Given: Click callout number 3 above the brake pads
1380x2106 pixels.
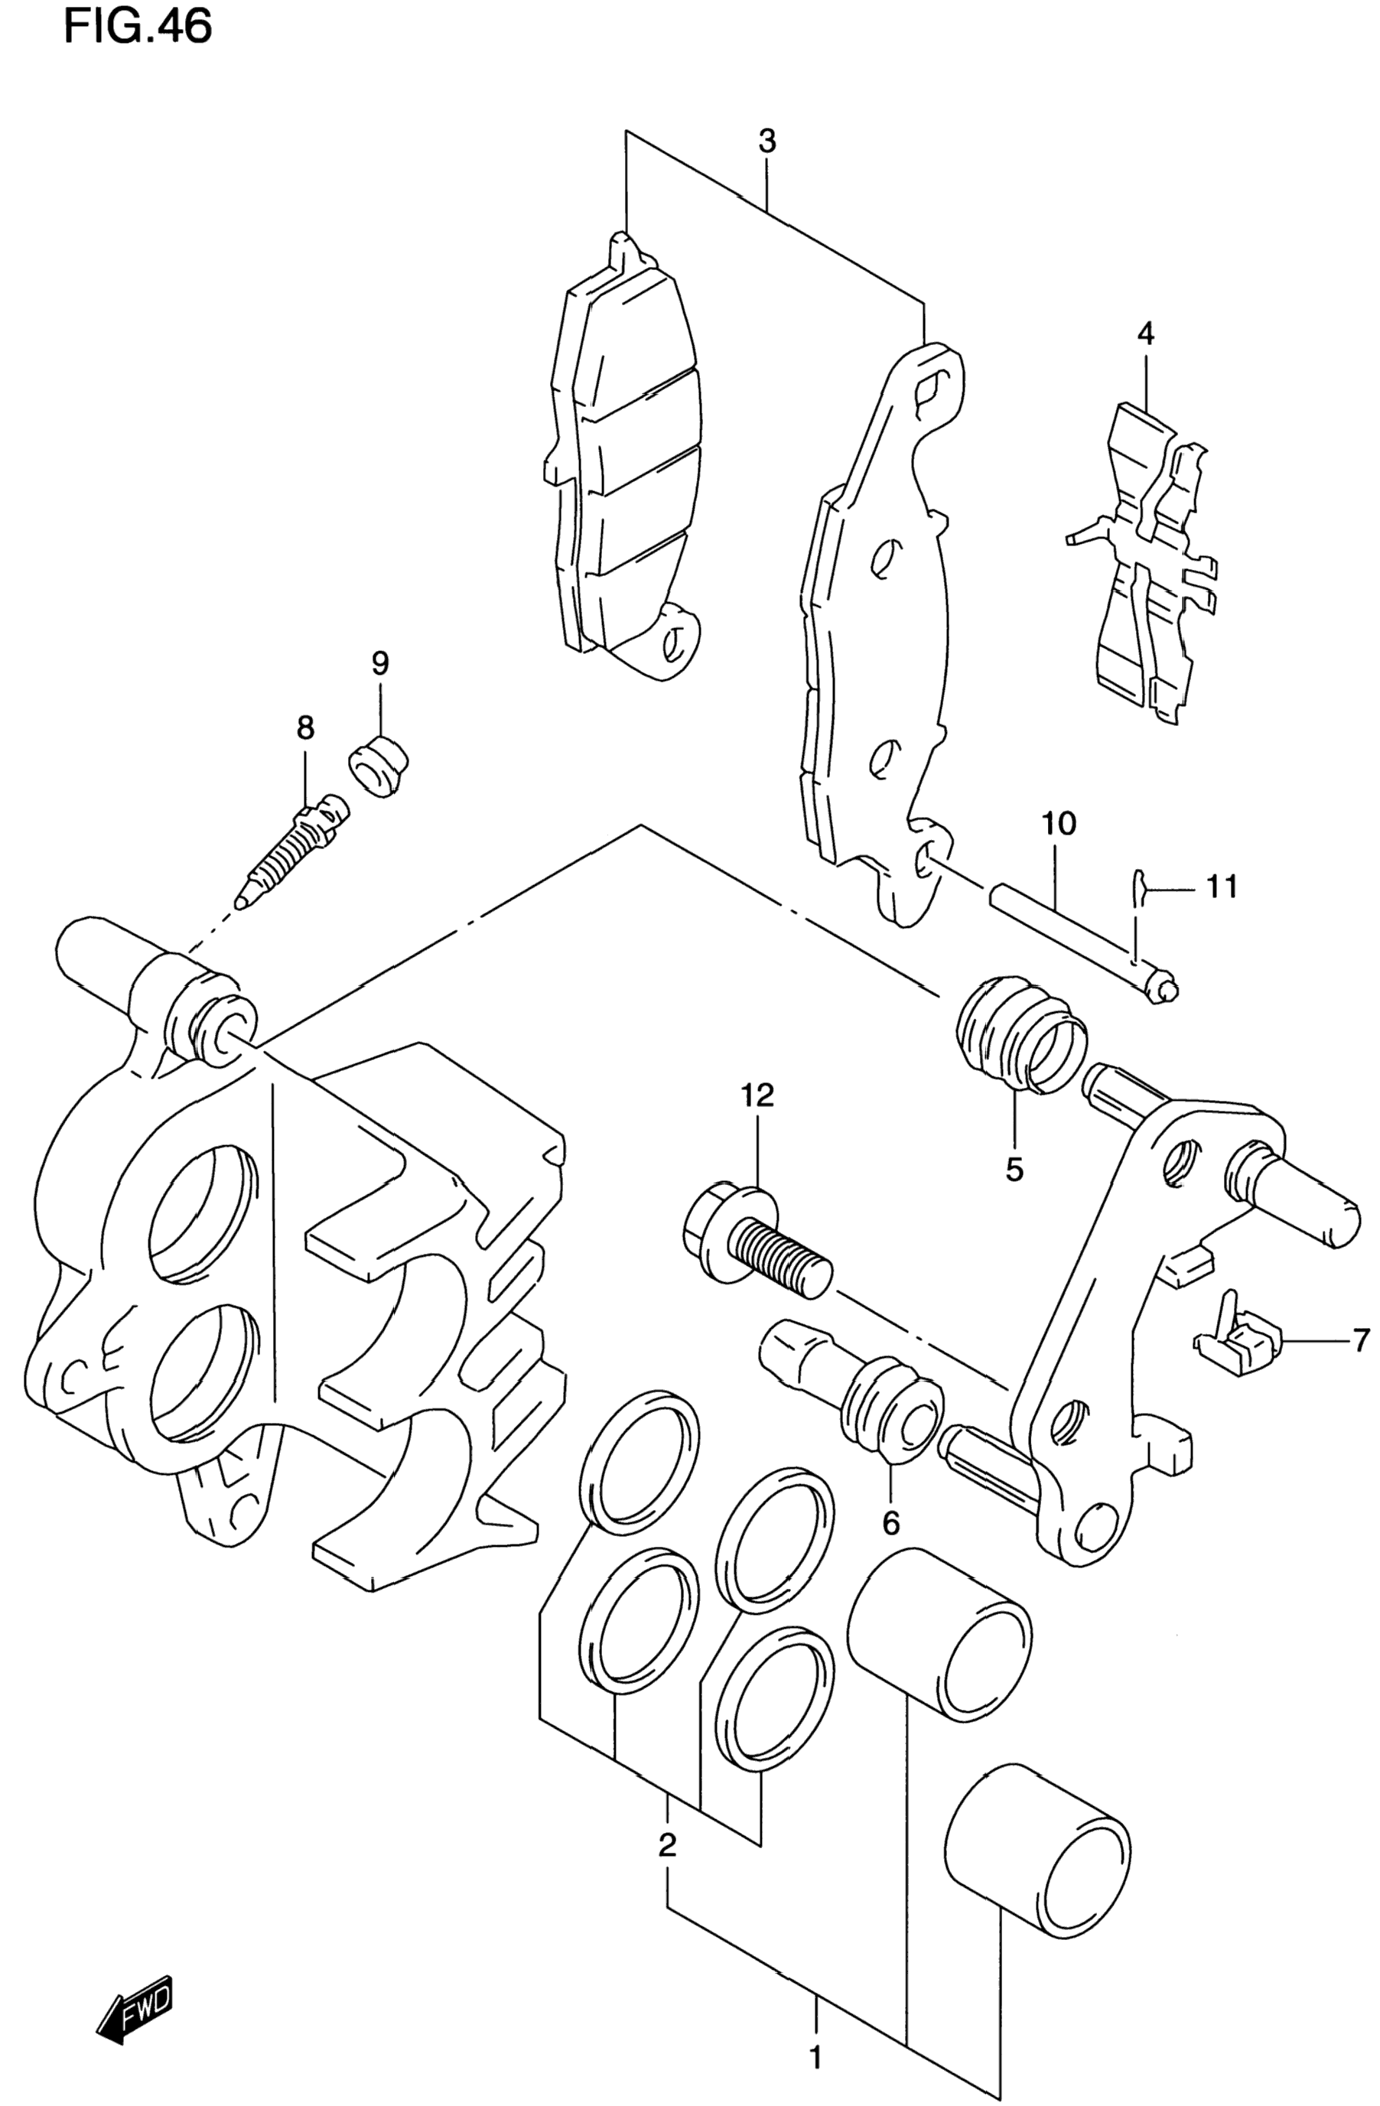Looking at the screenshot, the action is [767, 141].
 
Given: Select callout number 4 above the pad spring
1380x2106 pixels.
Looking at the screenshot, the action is [1146, 334].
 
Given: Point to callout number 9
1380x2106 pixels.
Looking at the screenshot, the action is [379, 662].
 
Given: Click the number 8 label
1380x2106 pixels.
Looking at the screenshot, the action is [305, 728].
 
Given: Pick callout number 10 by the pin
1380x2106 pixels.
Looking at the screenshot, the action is [1059, 824].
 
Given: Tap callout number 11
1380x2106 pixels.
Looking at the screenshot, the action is [1222, 886].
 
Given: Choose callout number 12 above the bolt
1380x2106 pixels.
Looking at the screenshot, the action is [759, 1095].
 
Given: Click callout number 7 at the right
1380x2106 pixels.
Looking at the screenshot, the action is [1359, 1340].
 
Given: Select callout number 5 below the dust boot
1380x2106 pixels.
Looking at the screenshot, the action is [1014, 1170].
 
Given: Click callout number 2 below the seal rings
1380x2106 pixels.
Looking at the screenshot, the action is [668, 1845].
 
